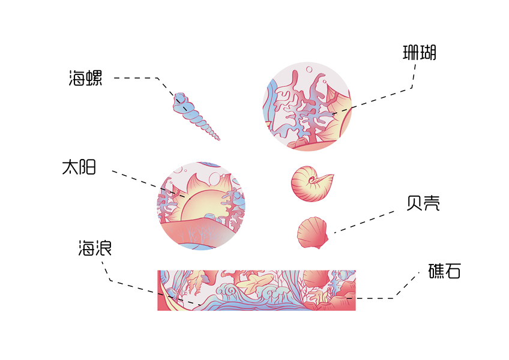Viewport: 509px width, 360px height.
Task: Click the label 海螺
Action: (85, 78)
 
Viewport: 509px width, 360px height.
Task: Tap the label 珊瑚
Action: (419, 53)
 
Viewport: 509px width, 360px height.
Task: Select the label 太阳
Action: (79, 167)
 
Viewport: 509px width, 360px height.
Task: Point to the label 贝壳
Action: (423, 203)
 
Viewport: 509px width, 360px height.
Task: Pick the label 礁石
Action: (445, 271)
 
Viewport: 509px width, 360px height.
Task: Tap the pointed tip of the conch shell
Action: (218, 139)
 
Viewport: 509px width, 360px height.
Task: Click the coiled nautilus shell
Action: (311, 182)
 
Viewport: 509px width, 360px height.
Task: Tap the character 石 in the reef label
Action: (453, 271)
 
